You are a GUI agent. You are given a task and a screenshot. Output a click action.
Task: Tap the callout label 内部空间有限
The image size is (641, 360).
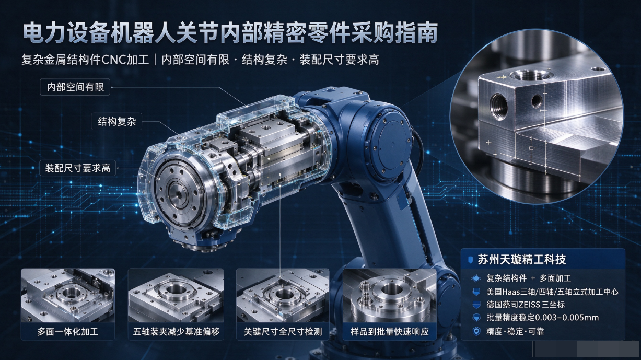point(75,87)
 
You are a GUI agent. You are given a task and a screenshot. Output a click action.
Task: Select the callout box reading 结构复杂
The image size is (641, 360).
point(116,122)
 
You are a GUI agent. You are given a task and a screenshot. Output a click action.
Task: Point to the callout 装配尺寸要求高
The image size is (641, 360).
point(77,168)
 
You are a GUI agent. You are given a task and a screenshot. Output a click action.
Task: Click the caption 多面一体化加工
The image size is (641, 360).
point(67,332)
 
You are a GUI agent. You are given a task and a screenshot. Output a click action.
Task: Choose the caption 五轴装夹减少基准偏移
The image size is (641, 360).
point(176,332)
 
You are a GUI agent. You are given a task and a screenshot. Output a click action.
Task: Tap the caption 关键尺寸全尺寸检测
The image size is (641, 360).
point(283,332)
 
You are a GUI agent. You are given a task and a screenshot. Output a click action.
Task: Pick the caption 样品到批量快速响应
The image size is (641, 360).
point(390,332)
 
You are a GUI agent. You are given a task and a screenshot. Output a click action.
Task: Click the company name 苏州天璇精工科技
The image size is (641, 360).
point(522,260)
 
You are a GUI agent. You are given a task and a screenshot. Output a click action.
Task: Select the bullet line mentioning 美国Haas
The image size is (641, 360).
point(552,292)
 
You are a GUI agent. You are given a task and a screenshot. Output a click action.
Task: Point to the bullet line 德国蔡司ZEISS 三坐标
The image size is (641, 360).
point(526,305)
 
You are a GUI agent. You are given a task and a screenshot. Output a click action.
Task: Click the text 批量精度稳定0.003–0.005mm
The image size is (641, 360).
point(543,317)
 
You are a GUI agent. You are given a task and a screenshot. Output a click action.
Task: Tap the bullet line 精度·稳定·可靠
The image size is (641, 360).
point(515,331)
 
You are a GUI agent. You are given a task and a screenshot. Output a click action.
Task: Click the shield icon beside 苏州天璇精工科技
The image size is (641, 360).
point(470,260)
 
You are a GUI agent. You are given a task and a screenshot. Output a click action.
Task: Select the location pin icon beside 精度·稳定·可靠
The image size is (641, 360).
point(476,332)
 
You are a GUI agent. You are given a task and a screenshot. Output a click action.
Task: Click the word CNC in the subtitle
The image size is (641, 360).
point(113,60)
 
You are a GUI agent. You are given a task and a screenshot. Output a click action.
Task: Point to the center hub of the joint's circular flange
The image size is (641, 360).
point(179,194)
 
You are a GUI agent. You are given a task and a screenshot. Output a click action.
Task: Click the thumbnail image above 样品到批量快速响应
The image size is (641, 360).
point(390,295)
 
